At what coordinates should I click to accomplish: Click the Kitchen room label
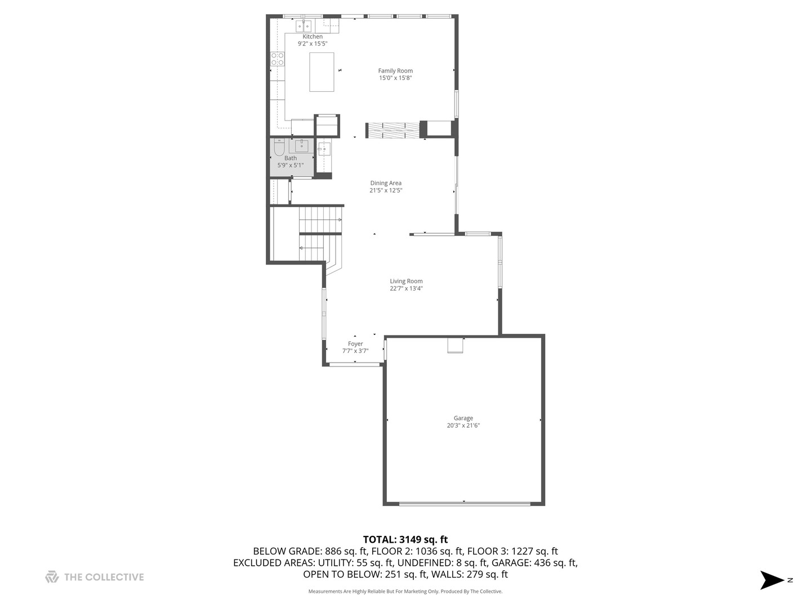point(313,37)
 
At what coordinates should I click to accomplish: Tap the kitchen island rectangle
point(322,72)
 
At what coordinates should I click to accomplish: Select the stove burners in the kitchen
point(277,59)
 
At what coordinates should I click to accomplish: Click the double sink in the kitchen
point(304,26)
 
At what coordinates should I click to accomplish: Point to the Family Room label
point(395,71)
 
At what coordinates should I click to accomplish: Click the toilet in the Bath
point(279,148)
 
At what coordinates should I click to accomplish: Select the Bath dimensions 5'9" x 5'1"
point(290,166)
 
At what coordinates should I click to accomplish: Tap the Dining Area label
point(386,183)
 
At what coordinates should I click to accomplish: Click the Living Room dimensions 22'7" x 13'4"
point(406,289)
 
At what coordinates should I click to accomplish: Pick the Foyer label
point(355,344)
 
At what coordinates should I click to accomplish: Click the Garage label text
point(463,418)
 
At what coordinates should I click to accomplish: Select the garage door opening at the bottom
point(465,503)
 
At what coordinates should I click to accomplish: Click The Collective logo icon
point(52,577)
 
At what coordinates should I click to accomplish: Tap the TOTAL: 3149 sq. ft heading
point(405,540)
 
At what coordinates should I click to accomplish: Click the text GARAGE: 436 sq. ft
point(534,562)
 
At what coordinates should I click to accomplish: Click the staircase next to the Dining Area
point(320,234)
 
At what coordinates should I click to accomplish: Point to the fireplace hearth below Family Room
point(393,130)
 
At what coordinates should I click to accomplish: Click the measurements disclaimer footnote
point(405,592)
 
